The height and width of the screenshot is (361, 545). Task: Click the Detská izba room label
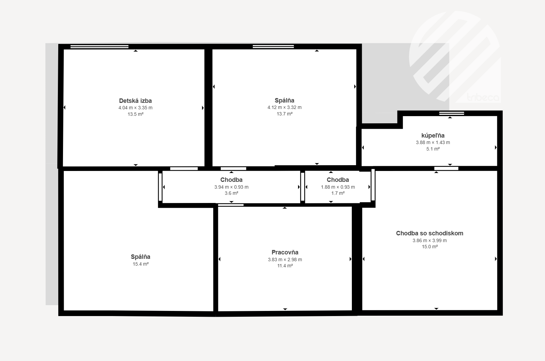coord(135,101)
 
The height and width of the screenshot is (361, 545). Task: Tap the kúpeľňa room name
coord(433,136)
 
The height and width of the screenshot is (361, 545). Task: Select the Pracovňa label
coord(285,252)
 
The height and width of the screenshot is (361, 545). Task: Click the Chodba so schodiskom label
coord(430,233)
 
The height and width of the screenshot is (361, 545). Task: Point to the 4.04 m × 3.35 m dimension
coord(136,108)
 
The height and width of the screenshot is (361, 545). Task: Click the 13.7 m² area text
coord(284,114)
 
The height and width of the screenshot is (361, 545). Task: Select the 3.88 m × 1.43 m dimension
coord(433,143)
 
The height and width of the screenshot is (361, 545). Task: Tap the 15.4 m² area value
coord(141,264)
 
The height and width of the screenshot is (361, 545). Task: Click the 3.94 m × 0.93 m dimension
coord(231,187)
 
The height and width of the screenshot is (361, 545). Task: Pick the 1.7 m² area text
coord(338,193)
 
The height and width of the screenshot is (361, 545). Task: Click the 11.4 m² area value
coord(285,266)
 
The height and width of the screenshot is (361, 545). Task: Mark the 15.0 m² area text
coord(430,247)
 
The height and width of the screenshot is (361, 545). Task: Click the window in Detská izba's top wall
coord(99,47)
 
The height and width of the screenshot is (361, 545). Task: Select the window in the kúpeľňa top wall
coord(452,113)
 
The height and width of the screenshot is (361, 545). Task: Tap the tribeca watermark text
coord(483,97)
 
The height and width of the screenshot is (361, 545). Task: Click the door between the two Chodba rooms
coord(303,187)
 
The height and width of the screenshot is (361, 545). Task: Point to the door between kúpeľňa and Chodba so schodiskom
coord(446,168)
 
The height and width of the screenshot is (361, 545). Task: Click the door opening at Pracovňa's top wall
coord(231,205)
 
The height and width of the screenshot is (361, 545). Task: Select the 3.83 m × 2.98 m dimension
coord(285,260)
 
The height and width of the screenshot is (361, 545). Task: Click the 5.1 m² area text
coord(433,149)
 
